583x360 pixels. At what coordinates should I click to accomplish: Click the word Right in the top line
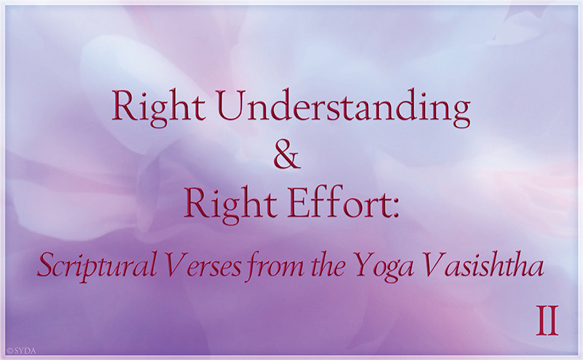click(159, 109)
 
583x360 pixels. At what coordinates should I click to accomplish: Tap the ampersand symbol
click(286, 156)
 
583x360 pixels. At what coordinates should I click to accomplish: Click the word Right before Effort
click(230, 205)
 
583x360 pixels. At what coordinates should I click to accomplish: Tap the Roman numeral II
click(547, 321)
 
